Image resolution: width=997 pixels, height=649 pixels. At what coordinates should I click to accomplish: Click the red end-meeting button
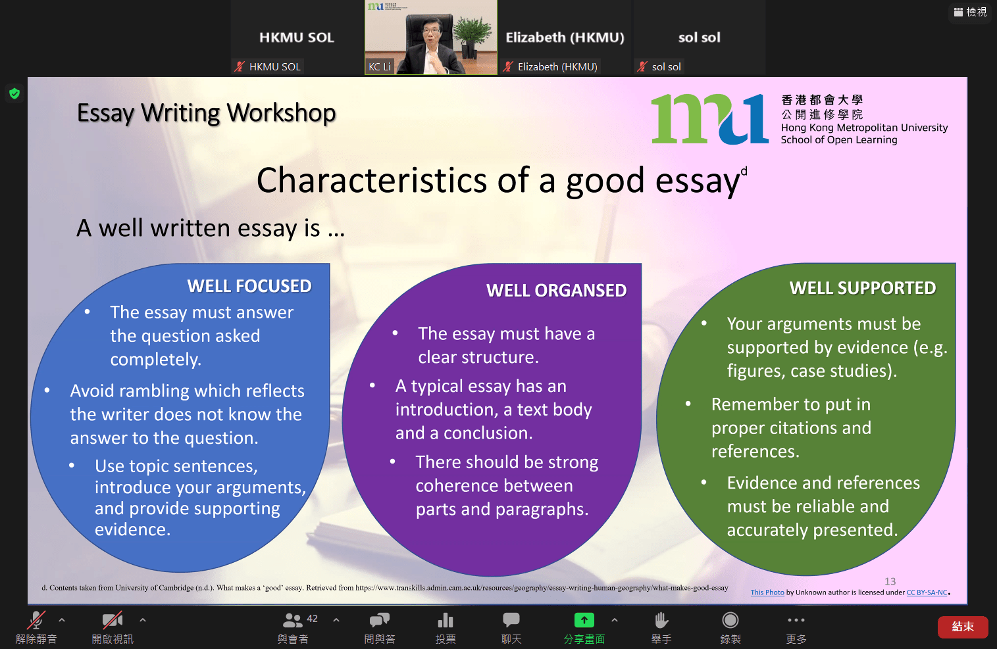point(963,627)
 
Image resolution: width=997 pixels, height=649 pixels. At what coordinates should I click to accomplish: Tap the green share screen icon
point(584,620)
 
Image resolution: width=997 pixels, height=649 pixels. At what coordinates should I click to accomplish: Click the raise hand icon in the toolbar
point(661,620)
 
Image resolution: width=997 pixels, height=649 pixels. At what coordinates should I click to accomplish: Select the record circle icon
point(730,620)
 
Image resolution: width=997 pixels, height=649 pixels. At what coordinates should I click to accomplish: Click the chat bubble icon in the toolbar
point(511,619)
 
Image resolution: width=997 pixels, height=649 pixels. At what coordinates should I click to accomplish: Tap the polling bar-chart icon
point(446,620)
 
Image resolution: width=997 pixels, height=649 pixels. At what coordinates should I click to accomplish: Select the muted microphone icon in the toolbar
point(36,620)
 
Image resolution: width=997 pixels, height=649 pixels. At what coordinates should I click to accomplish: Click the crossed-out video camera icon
point(112,620)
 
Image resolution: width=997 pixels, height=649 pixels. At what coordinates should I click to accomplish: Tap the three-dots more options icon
point(796,620)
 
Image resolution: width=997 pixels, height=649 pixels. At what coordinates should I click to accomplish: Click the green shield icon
point(14,93)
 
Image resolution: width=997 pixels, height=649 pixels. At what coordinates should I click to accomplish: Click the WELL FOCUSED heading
point(249,286)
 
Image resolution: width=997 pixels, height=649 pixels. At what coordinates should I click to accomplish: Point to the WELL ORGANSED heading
point(556,291)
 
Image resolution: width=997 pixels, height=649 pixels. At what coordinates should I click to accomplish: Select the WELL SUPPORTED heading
point(863,288)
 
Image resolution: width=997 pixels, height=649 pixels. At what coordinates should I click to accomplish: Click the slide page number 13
point(890,581)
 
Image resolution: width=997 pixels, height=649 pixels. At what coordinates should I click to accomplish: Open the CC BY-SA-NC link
point(927,592)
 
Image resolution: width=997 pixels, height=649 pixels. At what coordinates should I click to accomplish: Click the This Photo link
point(767,592)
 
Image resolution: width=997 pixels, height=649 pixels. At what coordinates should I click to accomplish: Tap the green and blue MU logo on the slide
point(710,119)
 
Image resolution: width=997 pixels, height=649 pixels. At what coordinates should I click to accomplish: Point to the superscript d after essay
point(744,171)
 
